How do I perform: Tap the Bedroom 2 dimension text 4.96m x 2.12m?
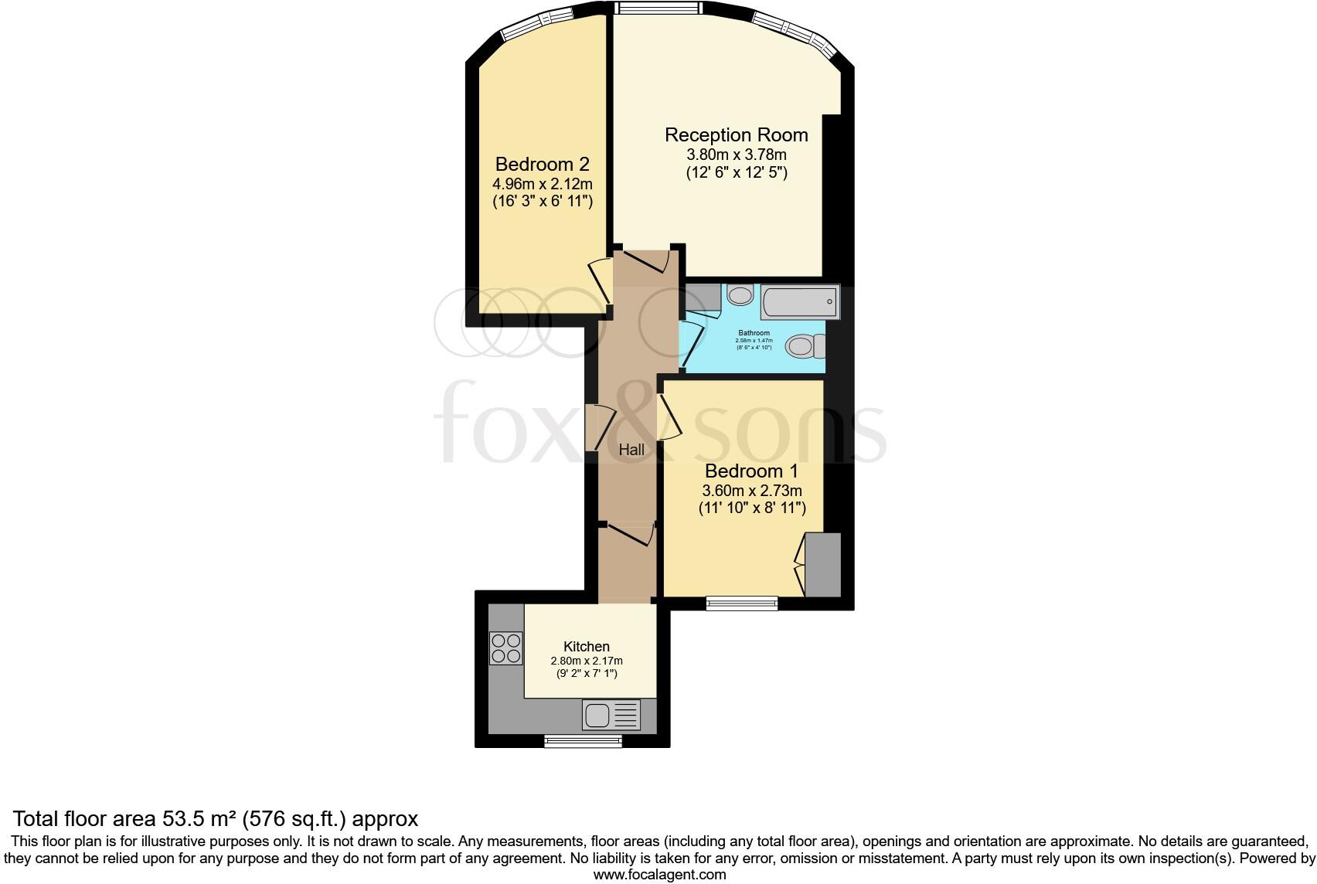coord(542,184)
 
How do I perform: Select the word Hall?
coord(631,450)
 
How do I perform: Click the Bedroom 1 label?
coord(751,471)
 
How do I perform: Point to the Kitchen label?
coord(586,646)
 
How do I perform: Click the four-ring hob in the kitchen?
coord(505,648)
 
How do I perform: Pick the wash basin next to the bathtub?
coord(740,295)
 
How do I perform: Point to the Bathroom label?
coord(753,333)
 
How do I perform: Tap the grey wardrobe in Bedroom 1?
coord(822,564)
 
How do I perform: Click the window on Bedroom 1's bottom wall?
coord(742,603)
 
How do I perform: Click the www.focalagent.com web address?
coord(659,875)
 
